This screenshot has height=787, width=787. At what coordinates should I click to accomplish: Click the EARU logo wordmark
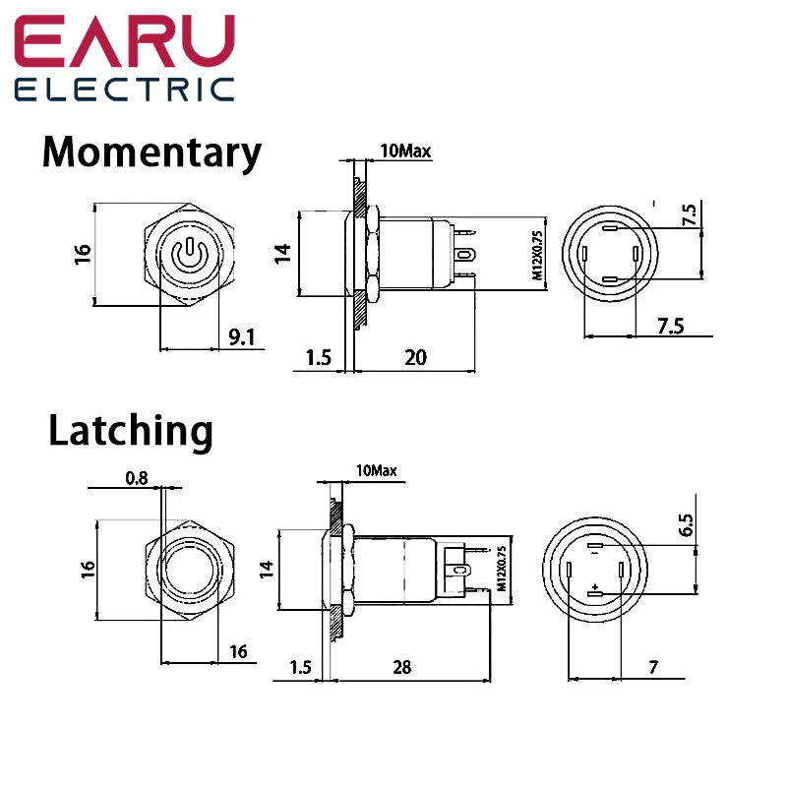point(125,40)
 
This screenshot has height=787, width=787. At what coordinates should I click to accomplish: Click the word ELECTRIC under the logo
point(125,90)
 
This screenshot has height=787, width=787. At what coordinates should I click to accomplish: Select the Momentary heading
point(152,153)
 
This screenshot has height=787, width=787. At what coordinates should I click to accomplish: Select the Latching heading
point(131,432)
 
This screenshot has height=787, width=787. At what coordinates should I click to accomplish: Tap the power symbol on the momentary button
point(188,255)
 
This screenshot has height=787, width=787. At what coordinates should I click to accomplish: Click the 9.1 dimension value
point(242,337)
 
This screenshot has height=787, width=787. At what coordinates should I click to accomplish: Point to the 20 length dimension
point(415,357)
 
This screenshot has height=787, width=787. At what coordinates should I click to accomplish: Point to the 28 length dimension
point(402,667)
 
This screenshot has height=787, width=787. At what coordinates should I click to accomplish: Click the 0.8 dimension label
point(137,478)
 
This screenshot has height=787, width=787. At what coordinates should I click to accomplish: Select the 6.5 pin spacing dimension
point(686,525)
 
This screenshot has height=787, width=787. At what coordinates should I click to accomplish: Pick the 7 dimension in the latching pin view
point(653,667)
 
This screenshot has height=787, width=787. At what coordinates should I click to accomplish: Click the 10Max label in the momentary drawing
point(405,151)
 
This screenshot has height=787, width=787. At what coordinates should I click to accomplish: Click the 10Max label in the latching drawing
point(377,470)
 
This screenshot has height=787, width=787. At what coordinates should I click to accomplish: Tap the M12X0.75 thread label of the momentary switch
point(537,255)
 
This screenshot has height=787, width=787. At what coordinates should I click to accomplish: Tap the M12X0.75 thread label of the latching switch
point(502,569)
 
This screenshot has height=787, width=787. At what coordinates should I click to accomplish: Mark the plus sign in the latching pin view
point(595,586)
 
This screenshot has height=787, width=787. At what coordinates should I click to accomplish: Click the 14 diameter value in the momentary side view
point(282,254)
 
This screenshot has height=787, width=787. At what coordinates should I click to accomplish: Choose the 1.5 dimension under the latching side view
point(301,667)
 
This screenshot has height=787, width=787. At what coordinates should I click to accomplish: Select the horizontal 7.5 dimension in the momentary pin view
point(671,327)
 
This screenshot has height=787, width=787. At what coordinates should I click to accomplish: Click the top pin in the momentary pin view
point(609,228)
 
